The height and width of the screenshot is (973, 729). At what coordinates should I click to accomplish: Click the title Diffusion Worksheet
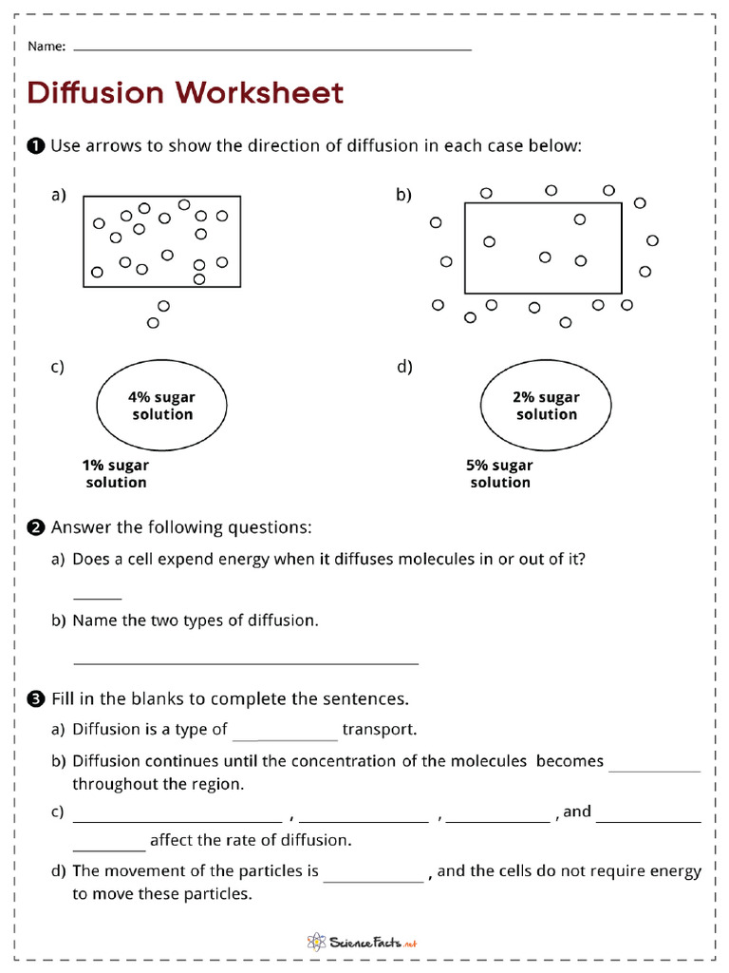point(185,93)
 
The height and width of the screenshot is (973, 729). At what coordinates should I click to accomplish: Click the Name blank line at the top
point(271,48)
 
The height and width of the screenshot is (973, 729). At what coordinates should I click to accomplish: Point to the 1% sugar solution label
point(116,474)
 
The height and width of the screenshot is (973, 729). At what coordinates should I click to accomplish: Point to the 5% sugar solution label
point(499,474)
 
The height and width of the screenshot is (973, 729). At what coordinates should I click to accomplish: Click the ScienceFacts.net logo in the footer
point(363,943)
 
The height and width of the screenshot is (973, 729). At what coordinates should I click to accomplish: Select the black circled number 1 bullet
point(36,146)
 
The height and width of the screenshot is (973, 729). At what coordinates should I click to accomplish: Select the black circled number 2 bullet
point(36,527)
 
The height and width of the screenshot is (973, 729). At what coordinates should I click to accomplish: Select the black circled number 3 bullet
point(36,699)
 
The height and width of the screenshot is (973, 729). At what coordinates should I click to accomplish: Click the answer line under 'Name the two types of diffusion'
point(245,662)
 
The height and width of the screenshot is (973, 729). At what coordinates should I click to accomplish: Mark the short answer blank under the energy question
point(97,598)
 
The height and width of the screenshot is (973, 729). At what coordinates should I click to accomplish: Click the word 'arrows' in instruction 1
point(111,146)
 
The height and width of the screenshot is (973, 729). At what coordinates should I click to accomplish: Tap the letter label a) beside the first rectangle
point(59,195)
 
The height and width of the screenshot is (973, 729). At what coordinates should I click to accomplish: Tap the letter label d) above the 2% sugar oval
point(404,368)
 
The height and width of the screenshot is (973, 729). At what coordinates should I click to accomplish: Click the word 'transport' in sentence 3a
point(380,730)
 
